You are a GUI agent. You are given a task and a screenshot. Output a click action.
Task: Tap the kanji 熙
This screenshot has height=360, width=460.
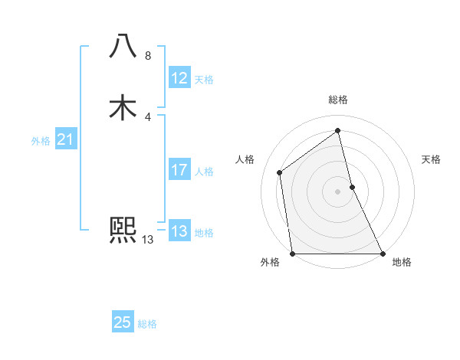123,229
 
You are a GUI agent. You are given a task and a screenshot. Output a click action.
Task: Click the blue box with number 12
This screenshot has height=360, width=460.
179,78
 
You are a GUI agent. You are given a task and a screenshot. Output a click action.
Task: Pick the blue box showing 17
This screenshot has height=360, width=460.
179,170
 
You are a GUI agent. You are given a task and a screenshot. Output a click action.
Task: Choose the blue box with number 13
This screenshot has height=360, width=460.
179,231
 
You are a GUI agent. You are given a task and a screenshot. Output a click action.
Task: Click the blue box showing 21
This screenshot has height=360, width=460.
65,139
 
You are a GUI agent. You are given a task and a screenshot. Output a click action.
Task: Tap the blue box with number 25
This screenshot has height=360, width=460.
123,322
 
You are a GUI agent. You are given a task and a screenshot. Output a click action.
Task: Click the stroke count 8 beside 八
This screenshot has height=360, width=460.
148,56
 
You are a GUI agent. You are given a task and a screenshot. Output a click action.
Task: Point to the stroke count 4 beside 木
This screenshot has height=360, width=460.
148,117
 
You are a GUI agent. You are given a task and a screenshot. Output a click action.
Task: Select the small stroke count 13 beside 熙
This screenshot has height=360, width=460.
148,240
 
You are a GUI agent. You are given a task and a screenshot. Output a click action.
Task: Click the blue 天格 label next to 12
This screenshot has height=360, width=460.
204,80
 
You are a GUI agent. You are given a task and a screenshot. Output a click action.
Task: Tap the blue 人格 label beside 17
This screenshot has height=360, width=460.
204,172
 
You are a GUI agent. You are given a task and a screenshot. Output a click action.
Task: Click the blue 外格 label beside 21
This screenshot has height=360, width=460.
41,141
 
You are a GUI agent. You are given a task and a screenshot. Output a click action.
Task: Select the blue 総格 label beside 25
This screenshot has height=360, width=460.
147,324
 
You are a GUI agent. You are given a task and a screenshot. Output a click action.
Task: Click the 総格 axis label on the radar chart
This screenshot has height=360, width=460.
337,100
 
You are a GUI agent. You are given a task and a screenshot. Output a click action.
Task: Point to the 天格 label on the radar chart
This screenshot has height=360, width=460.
431,159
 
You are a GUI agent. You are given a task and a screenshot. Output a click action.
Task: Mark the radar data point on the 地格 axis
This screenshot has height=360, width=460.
382,253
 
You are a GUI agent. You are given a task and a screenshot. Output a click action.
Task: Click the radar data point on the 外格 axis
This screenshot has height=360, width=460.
293,253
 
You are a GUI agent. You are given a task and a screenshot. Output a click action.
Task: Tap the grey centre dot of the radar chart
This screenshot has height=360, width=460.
337,191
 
